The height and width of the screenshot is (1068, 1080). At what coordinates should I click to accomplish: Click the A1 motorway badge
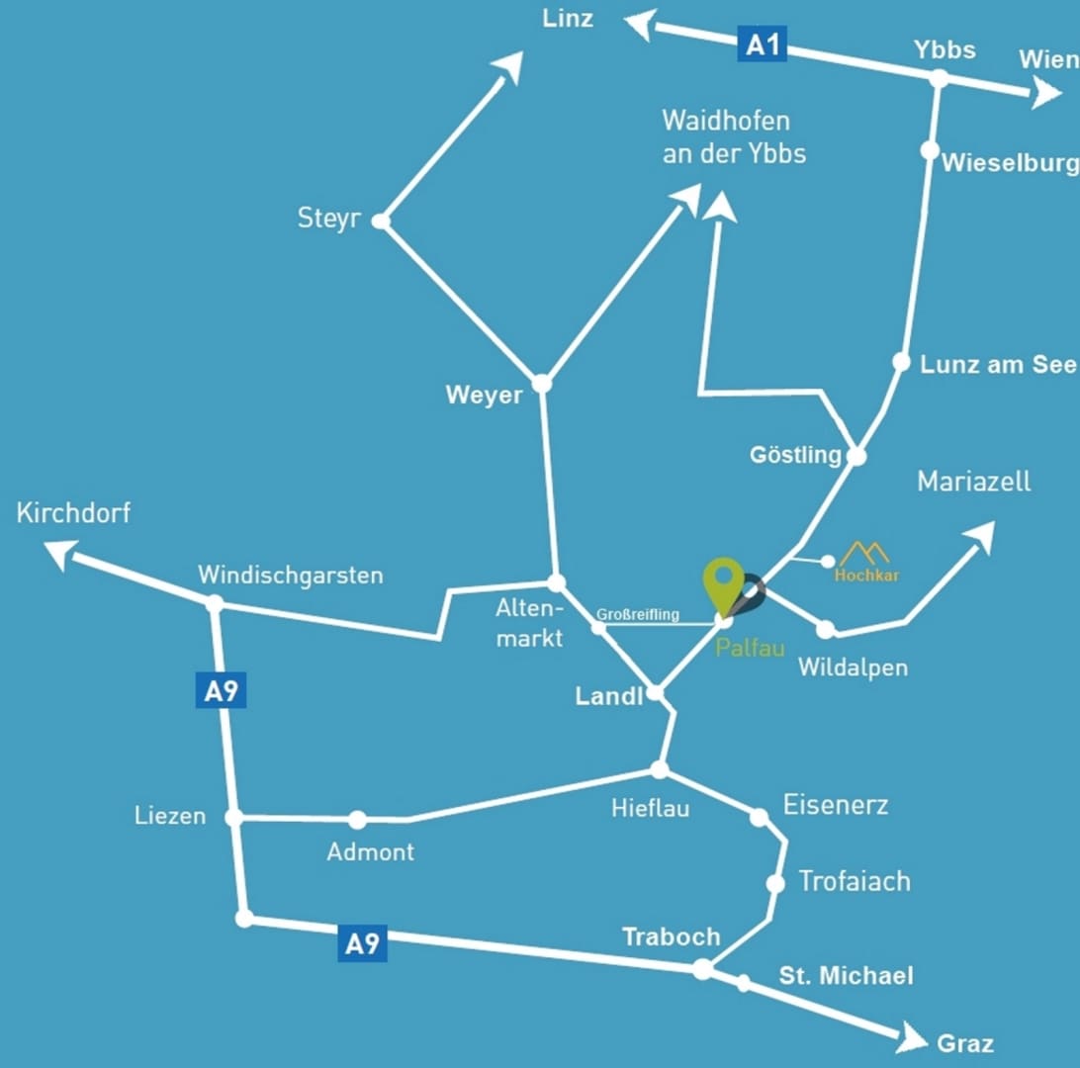[x=762, y=45]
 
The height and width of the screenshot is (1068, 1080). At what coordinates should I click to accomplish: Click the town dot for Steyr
[x=381, y=222]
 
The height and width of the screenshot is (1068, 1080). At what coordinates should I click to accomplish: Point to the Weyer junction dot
[x=541, y=384]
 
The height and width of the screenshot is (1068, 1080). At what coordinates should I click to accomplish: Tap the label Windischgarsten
[x=290, y=575]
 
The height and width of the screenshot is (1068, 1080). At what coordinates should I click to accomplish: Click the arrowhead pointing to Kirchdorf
[x=60, y=553]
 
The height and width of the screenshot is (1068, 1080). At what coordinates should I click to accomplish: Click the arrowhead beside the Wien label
[x=1044, y=95]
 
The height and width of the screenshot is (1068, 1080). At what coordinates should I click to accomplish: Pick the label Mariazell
[x=973, y=482]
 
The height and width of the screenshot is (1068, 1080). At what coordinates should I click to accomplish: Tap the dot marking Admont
[x=357, y=820]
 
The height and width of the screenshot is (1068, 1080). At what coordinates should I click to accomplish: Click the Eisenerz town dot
[x=759, y=818]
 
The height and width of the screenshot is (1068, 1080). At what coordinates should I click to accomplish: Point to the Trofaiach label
[x=854, y=881]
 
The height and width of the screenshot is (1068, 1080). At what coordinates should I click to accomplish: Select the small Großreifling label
[x=638, y=615]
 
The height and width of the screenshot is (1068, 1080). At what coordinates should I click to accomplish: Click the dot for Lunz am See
[x=901, y=362]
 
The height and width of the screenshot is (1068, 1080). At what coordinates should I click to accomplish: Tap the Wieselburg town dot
[x=930, y=150]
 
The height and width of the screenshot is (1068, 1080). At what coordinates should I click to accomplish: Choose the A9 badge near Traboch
[x=362, y=944]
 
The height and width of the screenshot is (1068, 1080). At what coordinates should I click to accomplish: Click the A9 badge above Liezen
[x=221, y=691]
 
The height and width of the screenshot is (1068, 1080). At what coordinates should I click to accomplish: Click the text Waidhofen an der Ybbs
[x=733, y=137]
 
